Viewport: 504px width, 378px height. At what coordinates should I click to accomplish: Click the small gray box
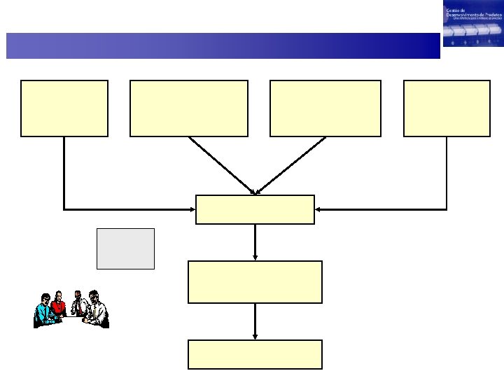coord(125,248)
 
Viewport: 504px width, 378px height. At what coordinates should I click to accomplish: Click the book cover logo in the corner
coord(472,23)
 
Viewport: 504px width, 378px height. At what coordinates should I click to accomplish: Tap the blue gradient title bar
coord(223,45)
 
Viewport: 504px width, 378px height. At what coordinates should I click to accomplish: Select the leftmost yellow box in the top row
coord(64,108)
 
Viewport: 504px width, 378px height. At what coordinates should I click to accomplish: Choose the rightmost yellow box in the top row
coord(447,108)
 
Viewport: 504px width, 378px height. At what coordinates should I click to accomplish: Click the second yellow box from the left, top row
coord(188,108)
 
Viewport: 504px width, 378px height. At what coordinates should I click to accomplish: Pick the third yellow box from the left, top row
coord(325,108)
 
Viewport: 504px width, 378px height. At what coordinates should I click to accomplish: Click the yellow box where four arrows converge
coord(255,209)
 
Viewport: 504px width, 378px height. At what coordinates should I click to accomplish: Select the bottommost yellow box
coord(255,354)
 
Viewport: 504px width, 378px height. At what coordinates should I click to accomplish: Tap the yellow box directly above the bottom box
coord(255,281)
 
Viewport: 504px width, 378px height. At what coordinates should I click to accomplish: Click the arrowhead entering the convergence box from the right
coord(318,209)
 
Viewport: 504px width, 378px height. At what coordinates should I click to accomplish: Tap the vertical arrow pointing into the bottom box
coord(255,322)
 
